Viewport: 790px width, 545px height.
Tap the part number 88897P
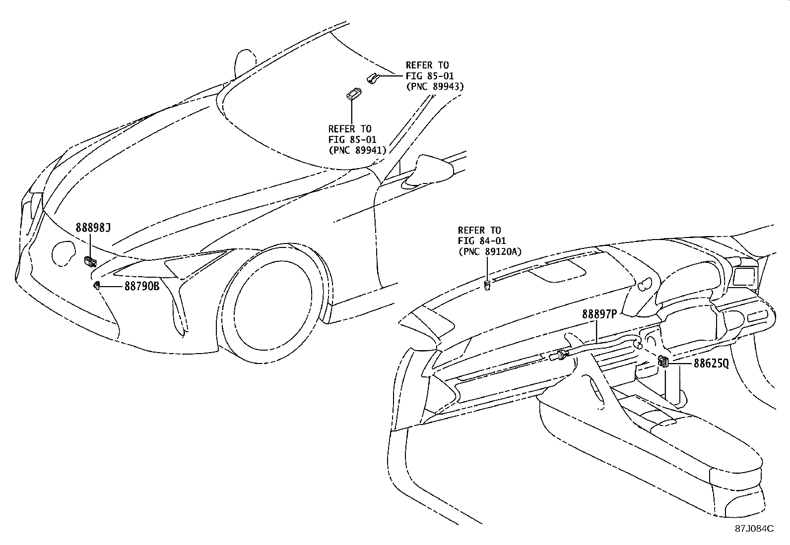point(599,314)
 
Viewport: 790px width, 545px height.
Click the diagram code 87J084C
point(754,528)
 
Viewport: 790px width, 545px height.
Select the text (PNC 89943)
point(434,86)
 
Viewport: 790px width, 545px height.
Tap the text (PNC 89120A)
point(489,251)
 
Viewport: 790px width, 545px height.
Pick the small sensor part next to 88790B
point(97,285)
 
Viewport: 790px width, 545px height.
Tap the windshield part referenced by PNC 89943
point(373,77)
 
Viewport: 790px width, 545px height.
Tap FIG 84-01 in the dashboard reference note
point(481,241)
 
